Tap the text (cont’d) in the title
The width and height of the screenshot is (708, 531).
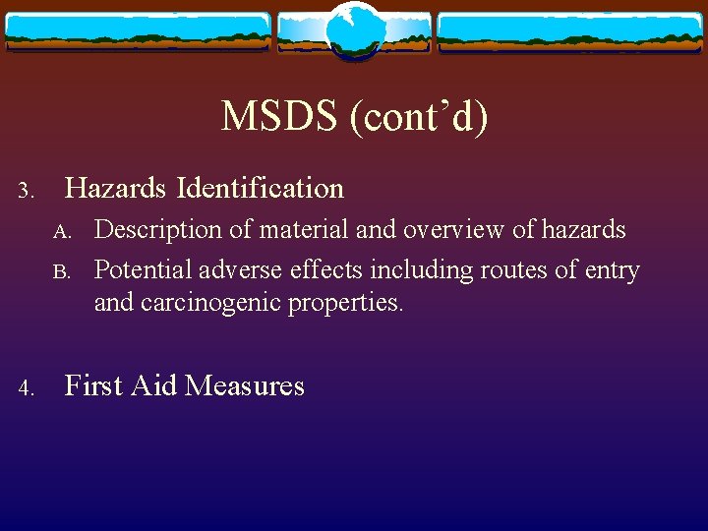click(x=416, y=117)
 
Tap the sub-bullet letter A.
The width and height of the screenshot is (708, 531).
click(x=63, y=232)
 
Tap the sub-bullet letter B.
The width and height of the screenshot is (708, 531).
click(x=63, y=271)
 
